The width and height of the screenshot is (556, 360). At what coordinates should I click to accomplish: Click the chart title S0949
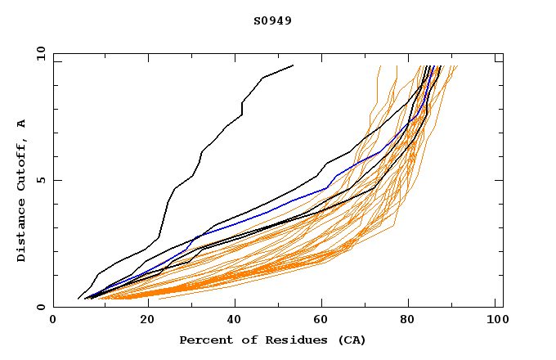click(272, 20)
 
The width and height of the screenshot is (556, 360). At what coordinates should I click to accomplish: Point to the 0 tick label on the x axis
click(53, 320)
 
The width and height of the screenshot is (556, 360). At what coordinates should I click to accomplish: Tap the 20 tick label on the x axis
click(141, 320)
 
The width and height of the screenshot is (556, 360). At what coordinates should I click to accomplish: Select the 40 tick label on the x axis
click(231, 320)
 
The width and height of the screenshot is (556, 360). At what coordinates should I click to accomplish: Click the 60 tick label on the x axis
click(319, 320)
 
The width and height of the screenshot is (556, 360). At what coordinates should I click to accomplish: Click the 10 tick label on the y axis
click(39, 53)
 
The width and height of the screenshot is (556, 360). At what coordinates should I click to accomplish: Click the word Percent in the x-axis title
click(204, 340)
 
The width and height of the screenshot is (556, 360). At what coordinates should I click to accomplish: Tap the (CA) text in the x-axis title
click(352, 340)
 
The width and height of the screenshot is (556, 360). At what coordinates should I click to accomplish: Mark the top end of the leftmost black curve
click(293, 65)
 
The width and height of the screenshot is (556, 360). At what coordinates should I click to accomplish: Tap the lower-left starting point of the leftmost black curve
click(78, 299)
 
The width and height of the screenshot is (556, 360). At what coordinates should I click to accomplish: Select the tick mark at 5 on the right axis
click(499, 180)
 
